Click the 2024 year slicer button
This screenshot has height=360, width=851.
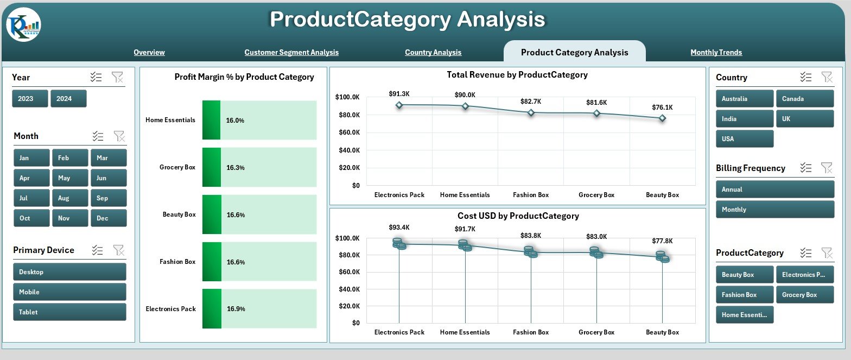click(x=68, y=99)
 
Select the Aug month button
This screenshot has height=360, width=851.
click(x=70, y=198)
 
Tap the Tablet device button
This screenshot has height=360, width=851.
click(x=69, y=312)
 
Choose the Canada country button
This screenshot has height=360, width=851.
click(x=804, y=99)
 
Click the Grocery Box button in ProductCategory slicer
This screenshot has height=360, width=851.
click(x=804, y=295)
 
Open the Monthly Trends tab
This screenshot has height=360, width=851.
click(x=716, y=53)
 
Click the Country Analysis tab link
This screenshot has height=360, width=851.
click(x=433, y=53)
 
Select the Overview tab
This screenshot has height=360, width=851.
click(x=149, y=53)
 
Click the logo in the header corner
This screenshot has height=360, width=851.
click(x=24, y=25)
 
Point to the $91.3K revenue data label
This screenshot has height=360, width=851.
click(x=399, y=94)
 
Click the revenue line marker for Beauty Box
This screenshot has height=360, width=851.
click(x=662, y=118)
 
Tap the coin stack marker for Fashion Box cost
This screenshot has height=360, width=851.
click(x=531, y=252)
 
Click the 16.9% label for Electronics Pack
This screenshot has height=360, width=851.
click(x=236, y=309)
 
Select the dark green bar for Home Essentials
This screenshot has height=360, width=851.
click(x=211, y=120)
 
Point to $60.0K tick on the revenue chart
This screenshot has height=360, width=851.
click(x=347, y=132)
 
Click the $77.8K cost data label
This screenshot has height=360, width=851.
click(x=662, y=241)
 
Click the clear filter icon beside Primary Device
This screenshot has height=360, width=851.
click(x=118, y=250)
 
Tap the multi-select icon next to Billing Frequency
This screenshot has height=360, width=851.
click(x=806, y=168)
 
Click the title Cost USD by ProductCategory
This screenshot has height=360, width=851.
click(x=518, y=216)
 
